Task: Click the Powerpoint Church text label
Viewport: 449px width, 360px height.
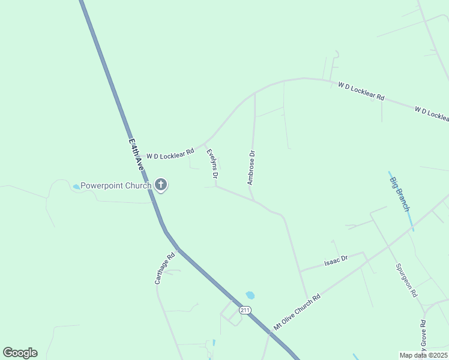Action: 116,185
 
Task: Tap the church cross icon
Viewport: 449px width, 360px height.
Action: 161,185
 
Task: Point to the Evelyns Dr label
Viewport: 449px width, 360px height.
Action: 212,164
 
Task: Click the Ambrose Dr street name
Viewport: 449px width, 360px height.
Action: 252,167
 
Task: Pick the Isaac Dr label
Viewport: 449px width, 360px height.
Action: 336,262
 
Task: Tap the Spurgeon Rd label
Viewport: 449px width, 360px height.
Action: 406,280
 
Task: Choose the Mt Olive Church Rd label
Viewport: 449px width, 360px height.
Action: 297,312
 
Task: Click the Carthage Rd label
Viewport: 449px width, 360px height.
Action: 164,268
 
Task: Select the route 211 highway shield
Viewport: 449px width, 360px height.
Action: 244,310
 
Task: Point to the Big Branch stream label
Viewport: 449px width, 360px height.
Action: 399,193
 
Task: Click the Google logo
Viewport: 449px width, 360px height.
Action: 20,352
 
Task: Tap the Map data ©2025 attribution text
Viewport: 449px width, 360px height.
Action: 424,355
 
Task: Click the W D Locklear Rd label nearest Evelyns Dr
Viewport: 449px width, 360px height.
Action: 170,154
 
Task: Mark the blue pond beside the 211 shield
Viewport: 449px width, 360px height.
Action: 250,295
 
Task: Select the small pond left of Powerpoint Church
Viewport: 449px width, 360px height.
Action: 76,187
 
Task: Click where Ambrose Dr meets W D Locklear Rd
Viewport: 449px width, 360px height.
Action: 255,93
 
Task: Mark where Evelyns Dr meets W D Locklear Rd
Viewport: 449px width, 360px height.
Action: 204,144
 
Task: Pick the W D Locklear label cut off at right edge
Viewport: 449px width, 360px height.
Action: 432,113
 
